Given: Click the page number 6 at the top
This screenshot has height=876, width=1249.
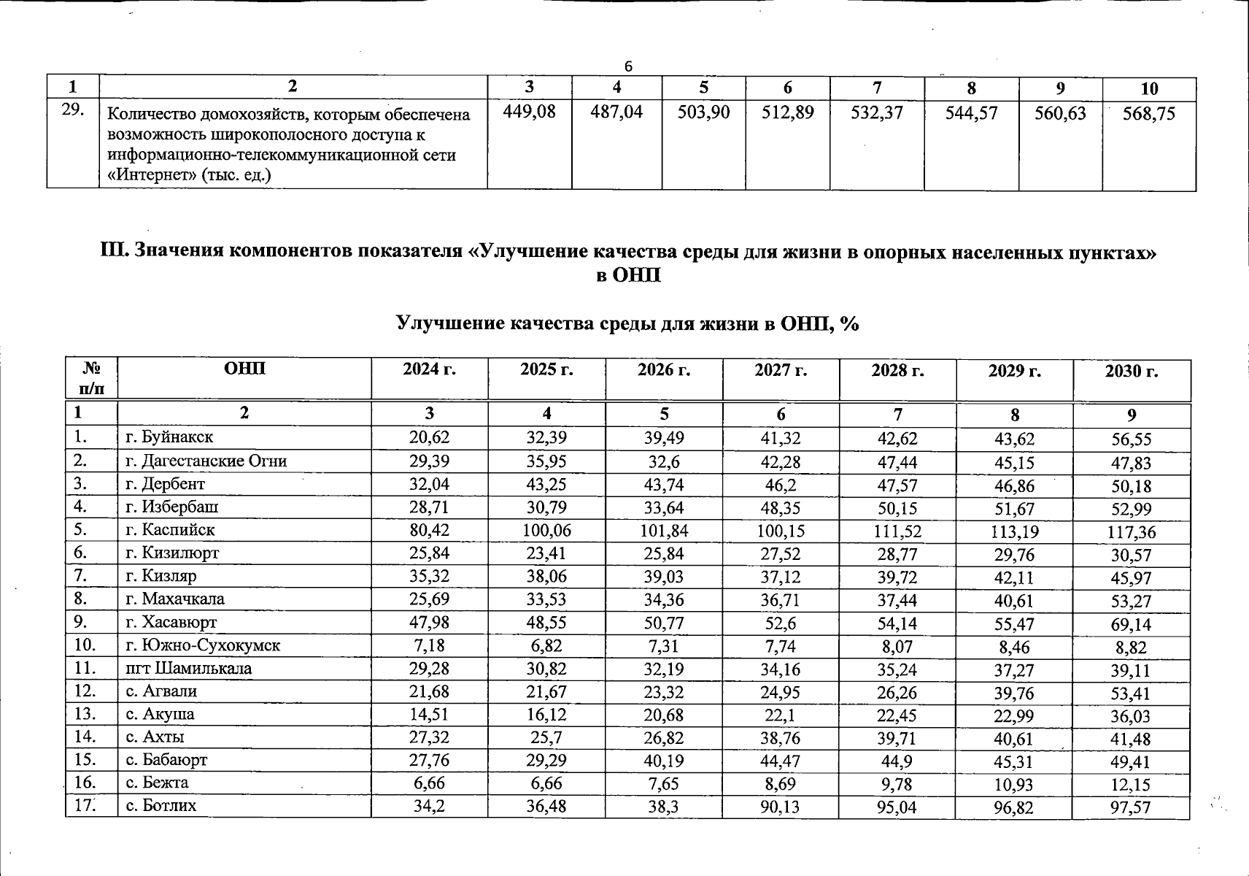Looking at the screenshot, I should point(628,66).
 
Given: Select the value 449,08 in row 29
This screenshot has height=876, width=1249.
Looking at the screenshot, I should point(529,113).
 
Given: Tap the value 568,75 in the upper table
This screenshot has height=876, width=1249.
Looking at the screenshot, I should point(1149,114).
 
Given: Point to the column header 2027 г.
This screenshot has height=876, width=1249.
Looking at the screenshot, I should point(781,370).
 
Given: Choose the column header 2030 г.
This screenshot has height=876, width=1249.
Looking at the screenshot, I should point(1132,371).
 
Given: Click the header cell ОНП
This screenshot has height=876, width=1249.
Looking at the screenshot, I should point(244,369).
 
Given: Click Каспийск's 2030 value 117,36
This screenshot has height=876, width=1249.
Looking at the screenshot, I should point(1132,533).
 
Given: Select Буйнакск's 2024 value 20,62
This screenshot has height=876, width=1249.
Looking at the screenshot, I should point(430,437).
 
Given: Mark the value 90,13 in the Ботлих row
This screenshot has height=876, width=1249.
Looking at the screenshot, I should point(781,807).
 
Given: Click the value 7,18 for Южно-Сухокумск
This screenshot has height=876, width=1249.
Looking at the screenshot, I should point(430,645).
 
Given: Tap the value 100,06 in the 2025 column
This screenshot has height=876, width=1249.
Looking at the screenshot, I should point(546,530).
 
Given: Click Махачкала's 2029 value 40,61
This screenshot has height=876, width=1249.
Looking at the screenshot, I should point(1014,602).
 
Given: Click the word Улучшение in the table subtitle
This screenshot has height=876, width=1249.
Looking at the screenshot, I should point(449,323).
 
